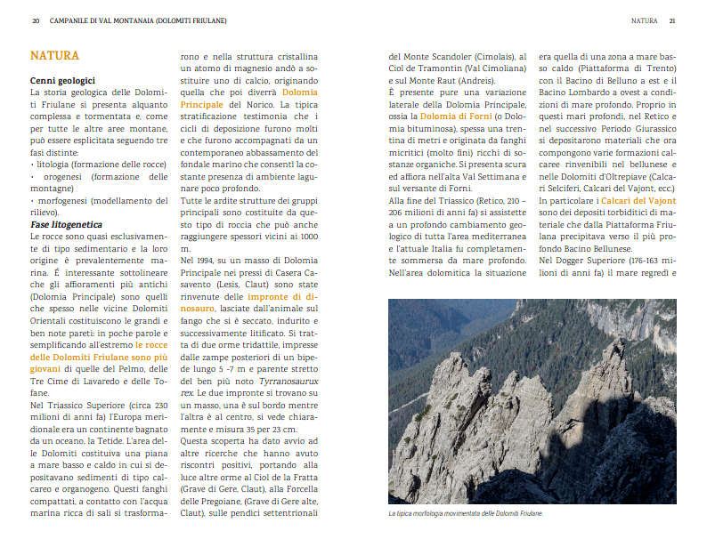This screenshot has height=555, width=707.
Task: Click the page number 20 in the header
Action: pos(35,20)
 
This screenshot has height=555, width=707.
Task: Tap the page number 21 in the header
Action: pos(672,20)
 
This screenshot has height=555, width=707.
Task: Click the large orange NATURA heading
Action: pos(54,56)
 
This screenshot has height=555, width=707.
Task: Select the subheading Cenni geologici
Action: pos(62,80)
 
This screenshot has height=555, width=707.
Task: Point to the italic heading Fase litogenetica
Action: pos(66,225)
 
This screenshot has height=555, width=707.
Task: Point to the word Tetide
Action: pos(135,429)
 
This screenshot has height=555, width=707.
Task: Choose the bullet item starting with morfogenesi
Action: pos(99,200)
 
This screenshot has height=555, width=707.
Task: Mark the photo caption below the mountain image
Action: pos(466,513)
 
